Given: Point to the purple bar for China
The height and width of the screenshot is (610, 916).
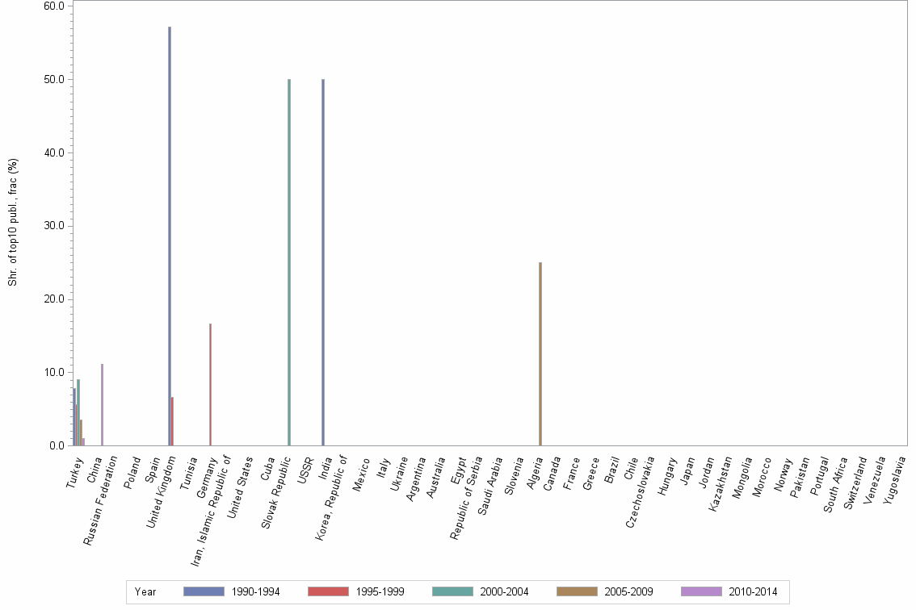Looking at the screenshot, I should [102, 404].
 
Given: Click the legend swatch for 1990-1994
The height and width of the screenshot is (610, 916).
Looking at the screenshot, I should [204, 591].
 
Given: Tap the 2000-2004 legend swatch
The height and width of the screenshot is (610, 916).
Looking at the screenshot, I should [452, 591].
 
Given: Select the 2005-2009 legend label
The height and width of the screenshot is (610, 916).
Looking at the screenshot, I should [629, 592].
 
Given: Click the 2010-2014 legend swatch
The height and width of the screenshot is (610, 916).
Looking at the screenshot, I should [701, 591].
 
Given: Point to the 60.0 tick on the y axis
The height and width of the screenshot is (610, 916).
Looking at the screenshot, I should [55, 6].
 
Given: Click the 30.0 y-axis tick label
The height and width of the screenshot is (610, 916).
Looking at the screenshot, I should [55, 226].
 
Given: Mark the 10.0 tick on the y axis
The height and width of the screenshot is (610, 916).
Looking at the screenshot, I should [55, 373].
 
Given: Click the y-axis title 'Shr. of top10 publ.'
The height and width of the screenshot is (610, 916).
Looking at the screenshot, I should [13, 222].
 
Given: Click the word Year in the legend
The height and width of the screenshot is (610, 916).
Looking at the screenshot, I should [145, 592].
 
